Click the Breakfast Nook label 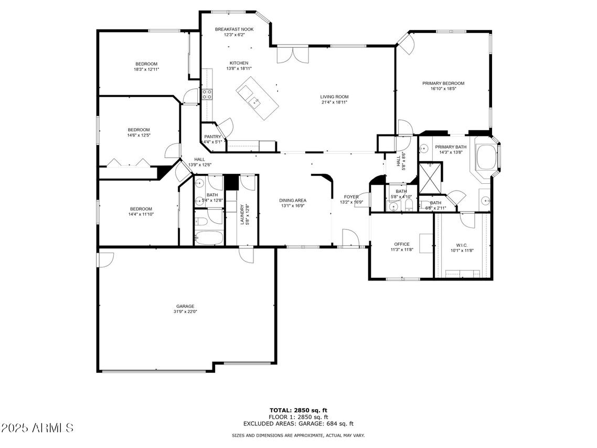[x=234, y=29]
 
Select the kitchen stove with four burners [x=207, y=94]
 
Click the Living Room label [x=334, y=97]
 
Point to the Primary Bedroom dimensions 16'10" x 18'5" [x=443, y=89]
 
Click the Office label [x=402, y=244]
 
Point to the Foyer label [x=351, y=197]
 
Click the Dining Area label [x=292, y=200]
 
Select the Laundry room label [x=242, y=215]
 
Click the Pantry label [x=212, y=137]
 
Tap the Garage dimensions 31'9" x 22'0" [x=185, y=311]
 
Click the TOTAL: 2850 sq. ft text [x=298, y=410]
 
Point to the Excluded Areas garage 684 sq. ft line [x=298, y=423]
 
